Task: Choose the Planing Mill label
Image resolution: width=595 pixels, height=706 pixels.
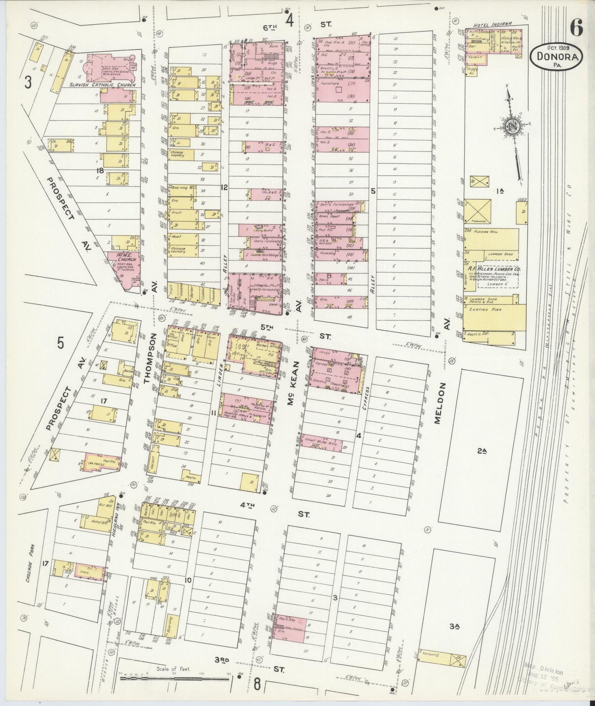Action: (487, 232)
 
